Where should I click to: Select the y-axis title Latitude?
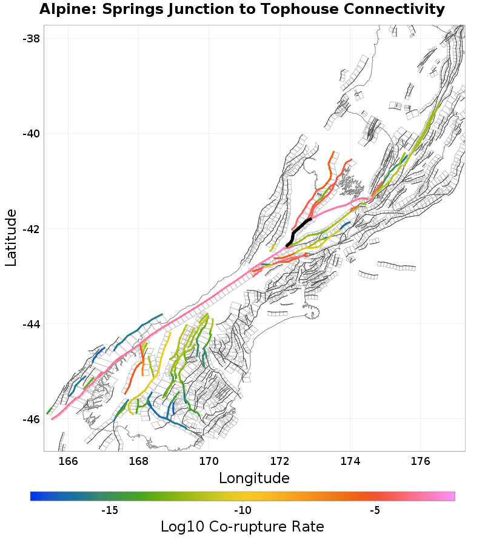click(11, 237)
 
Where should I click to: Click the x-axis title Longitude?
click(254, 478)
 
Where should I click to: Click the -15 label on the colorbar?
click(109, 510)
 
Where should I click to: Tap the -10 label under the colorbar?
click(242, 510)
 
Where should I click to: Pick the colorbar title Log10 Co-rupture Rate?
click(242, 527)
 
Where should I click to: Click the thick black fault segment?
click(298, 229)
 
